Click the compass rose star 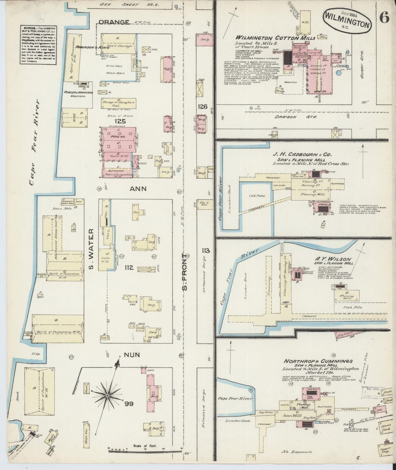(x=107, y=396)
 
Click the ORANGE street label (x=118, y=22)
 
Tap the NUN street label (x=132, y=355)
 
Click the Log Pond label (x=254, y=196)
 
